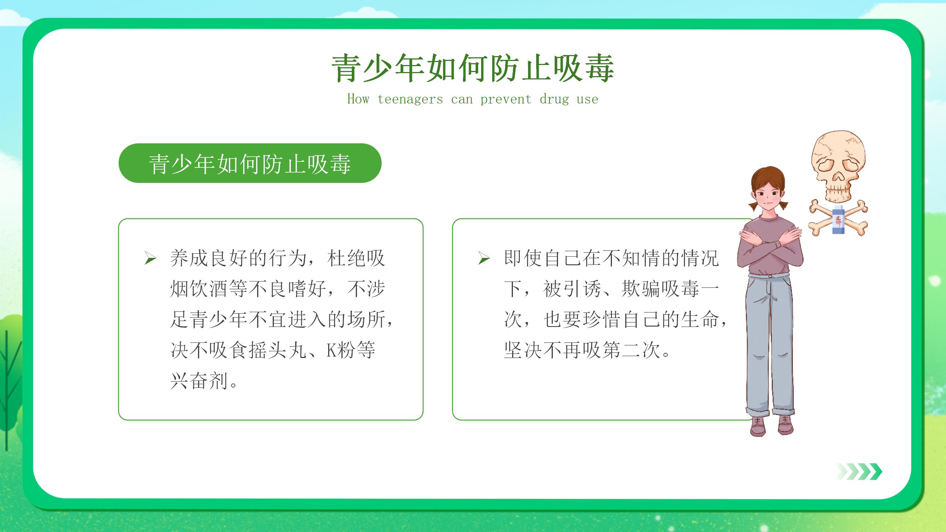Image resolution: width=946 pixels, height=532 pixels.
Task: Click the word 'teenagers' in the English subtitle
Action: (x=410, y=99)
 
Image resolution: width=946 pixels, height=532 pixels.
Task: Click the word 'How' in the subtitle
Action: (x=358, y=99)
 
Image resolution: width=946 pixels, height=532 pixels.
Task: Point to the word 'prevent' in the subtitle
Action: (x=506, y=99)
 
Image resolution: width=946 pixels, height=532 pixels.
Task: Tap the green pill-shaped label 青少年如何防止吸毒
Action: (x=250, y=163)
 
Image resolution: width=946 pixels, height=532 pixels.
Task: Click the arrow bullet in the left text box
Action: (x=150, y=258)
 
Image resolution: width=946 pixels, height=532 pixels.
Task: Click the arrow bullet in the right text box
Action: (x=484, y=258)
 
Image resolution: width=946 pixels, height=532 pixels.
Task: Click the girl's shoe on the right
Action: (x=786, y=424)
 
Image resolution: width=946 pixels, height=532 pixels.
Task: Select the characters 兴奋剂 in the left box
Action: (x=199, y=381)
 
